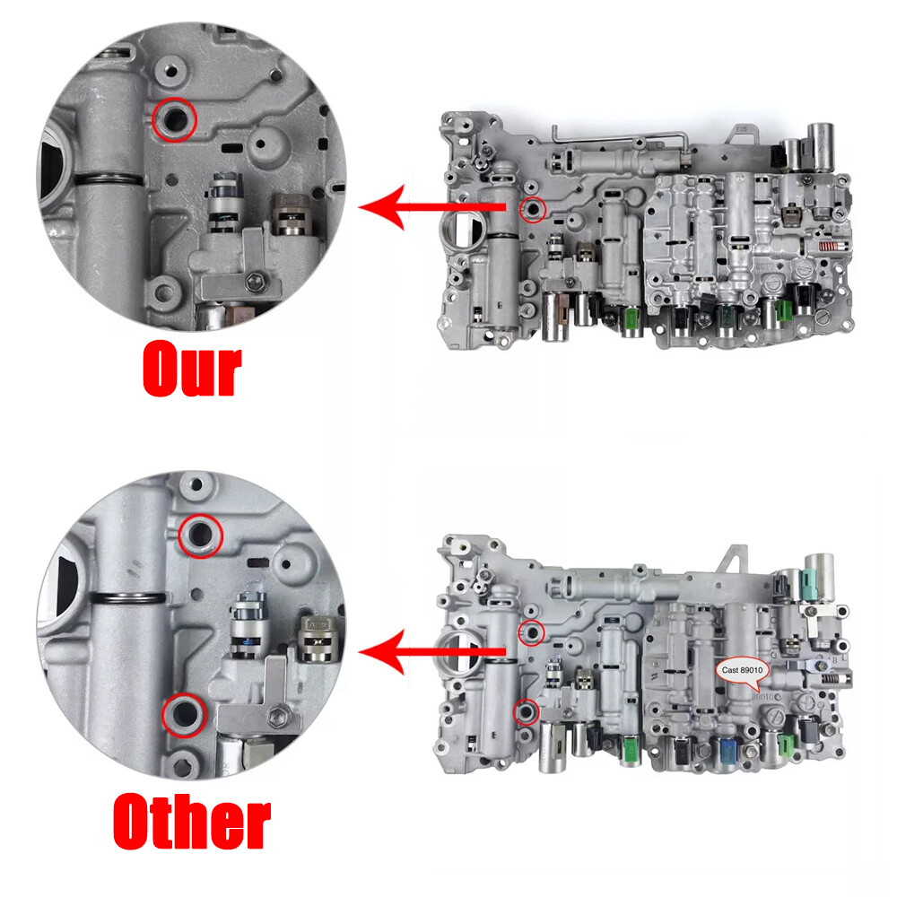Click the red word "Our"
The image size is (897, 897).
click(x=192, y=369)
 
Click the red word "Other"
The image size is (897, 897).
click(x=192, y=821)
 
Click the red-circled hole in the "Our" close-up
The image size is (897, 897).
click(x=173, y=118)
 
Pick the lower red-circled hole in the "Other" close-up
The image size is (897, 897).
click(x=184, y=714)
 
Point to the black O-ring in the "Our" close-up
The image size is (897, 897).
click(x=108, y=179)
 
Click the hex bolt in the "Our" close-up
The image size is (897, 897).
click(x=254, y=285)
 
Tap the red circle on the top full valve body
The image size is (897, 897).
click(x=534, y=209)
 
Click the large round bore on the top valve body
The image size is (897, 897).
click(x=462, y=233)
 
